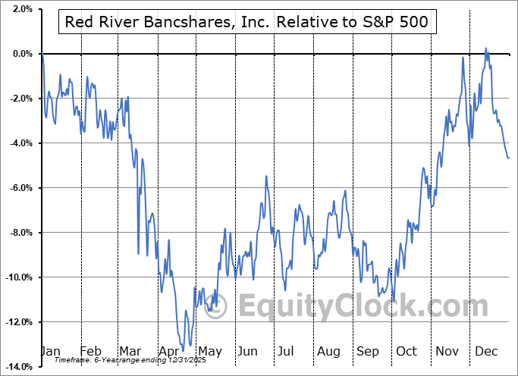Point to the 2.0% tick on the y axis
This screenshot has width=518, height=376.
20,9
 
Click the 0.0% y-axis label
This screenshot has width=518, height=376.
20,54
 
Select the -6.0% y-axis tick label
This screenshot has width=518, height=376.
19,188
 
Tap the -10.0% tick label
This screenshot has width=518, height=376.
17,277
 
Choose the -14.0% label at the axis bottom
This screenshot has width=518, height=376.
17,367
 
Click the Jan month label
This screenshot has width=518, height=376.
50,351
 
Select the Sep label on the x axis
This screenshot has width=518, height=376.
369,351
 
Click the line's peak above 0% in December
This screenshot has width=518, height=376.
486,48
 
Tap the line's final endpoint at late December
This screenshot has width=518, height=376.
509,158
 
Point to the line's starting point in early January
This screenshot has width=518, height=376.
42,55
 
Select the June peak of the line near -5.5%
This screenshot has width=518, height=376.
266,176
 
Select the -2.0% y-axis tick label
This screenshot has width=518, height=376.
19,99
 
